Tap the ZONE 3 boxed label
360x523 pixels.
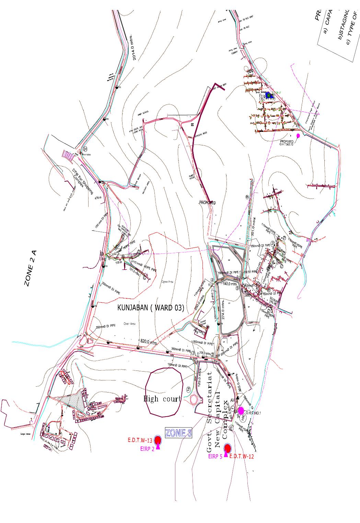(178, 433)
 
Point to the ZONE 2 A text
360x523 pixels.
(31, 268)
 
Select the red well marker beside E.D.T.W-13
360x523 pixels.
(158, 440)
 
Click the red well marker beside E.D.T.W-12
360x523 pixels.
(227, 448)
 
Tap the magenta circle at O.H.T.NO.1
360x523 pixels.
(241, 411)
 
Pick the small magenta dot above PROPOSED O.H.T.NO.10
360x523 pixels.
(298, 136)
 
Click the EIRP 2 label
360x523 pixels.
(147, 449)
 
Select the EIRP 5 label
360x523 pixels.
(215, 456)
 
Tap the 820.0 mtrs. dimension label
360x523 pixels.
(149, 342)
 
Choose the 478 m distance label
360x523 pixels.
(98, 198)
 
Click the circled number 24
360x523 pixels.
(85, 149)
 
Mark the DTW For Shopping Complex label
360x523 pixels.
(82, 181)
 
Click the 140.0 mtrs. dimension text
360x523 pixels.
(230, 284)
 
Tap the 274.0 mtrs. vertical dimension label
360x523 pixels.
(223, 310)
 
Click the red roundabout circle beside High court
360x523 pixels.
(194, 400)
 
